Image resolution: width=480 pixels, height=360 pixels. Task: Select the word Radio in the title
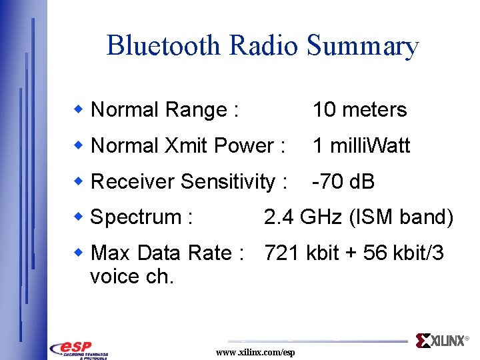pyautogui.click(x=264, y=45)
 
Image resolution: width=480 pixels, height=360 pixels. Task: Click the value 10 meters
pyautogui.click(x=359, y=110)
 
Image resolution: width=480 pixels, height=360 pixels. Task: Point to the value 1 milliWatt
pyautogui.click(x=361, y=145)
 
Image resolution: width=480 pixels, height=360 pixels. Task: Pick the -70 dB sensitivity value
pyautogui.click(x=343, y=181)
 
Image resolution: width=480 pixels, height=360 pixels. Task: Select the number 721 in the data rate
pyautogui.click(x=282, y=253)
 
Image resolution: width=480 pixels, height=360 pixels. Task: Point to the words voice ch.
pyautogui.click(x=132, y=277)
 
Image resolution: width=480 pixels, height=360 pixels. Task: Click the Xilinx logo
pyautogui.click(x=441, y=341)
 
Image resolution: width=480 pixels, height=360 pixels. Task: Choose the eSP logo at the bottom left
pyautogui.click(x=79, y=349)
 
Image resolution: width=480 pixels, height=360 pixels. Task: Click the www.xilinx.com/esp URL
pyautogui.click(x=255, y=352)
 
